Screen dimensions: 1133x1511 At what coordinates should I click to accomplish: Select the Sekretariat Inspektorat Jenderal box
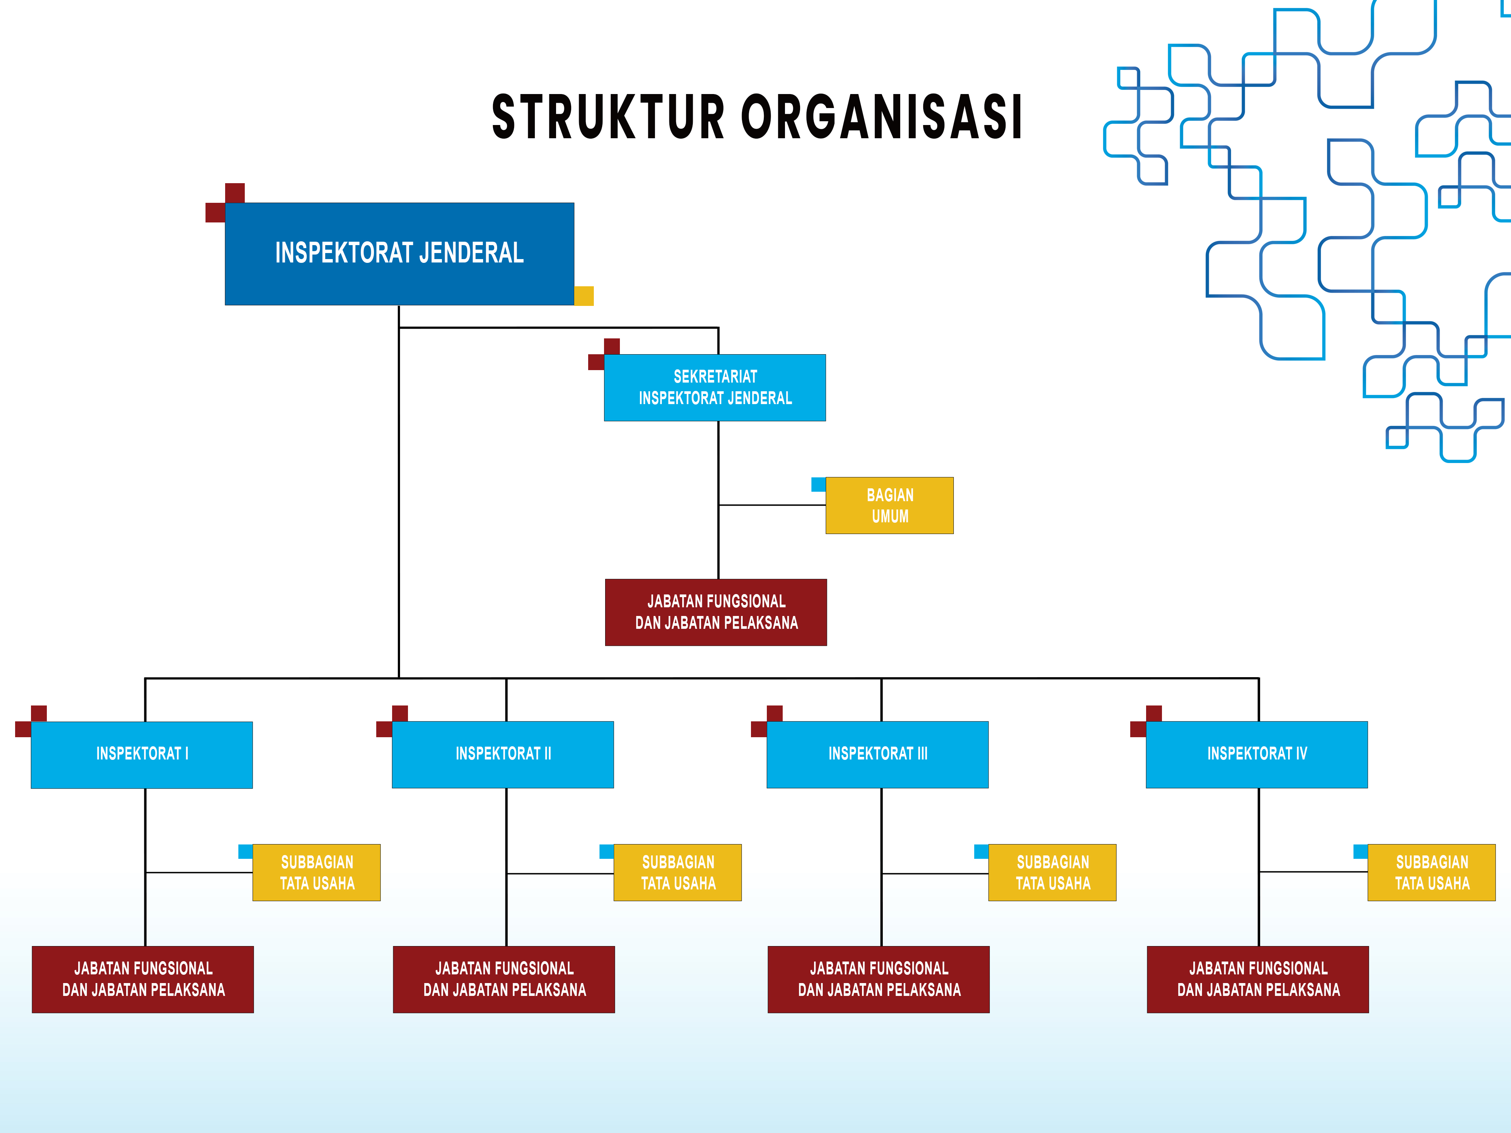pyautogui.click(x=715, y=387)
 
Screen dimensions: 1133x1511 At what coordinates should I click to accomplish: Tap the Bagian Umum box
pyautogui.click(x=889, y=505)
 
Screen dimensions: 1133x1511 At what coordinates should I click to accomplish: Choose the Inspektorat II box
pyautogui.click(x=503, y=755)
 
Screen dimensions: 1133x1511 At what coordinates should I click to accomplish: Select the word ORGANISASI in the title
pyautogui.click(x=882, y=117)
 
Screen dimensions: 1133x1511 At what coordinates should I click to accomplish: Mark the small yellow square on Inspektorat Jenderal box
pyautogui.click(x=584, y=296)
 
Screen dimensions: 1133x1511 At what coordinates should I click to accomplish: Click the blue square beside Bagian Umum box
pyautogui.click(x=818, y=484)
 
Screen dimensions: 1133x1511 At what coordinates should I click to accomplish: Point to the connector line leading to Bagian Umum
pyautogui.click(x=772, y=505)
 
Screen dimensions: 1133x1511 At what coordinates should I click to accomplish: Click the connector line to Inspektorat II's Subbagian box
pyautogui.click(x=560, y=874)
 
